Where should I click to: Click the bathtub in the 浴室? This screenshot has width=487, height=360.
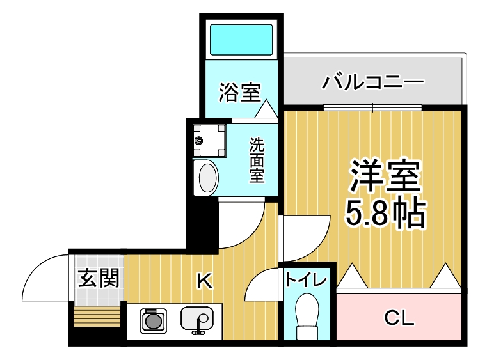241,40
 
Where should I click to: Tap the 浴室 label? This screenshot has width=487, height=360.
239,92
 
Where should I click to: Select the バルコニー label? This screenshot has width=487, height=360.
372,82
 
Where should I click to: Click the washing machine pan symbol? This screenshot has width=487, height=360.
209,141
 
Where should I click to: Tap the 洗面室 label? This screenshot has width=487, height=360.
257,160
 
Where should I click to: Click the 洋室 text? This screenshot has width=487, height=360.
385,175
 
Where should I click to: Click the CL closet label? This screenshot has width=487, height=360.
399,318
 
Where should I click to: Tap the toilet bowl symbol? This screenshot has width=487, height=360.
307,316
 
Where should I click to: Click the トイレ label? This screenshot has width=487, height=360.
307,280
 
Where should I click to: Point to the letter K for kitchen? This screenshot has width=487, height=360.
205,281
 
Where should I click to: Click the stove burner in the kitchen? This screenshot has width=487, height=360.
154,321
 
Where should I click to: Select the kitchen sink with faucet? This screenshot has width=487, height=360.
197,320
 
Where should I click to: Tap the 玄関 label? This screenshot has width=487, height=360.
99,278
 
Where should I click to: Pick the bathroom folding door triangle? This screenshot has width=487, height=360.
266,109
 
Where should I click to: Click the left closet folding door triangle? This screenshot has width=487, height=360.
352,276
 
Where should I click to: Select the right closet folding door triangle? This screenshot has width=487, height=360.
445,276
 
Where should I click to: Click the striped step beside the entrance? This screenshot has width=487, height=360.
97,317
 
